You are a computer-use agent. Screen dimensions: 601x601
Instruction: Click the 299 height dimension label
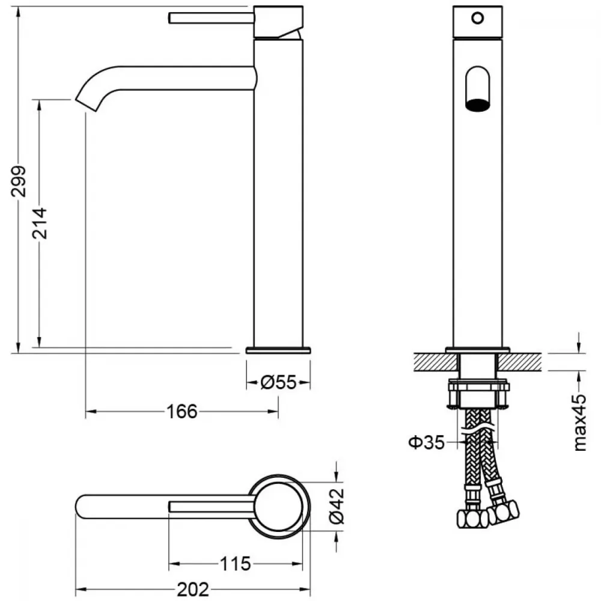19,182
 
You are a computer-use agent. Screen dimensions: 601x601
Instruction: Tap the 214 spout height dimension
40,224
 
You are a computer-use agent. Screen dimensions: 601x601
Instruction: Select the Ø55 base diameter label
278,382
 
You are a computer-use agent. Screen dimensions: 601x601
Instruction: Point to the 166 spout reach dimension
182,412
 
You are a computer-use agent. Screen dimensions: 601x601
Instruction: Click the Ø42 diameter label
337,506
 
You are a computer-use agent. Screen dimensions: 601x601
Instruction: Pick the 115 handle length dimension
236,564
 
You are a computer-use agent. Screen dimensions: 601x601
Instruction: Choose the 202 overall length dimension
193,590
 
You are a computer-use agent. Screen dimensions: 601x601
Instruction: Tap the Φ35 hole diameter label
427,443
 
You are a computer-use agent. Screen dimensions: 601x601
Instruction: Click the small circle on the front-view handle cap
478,17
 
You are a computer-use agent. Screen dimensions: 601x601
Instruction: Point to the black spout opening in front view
478,105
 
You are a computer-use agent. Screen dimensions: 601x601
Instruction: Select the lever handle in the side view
211,17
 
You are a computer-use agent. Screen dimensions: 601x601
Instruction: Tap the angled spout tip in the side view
86,102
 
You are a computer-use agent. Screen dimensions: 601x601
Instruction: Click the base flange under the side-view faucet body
278,350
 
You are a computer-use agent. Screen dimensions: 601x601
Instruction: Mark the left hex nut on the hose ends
473,519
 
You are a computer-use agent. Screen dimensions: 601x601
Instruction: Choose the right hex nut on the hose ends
503,511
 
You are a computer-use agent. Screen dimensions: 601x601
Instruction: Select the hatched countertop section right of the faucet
519,362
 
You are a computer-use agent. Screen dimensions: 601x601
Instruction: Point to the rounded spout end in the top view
78,507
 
